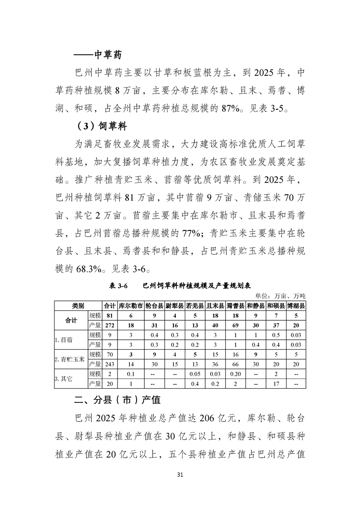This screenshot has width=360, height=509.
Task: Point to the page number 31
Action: pyautogui.click(x=180, y=475)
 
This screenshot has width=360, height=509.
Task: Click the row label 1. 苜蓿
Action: pyautogui.click(x=64, y=339)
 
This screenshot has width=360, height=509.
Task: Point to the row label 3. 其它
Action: pyautogui.click(x=64, y=379)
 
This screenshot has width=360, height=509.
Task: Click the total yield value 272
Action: pyautogui.click(x=109, y=325)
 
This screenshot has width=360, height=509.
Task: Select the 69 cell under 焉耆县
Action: pyautogui.click(x=236, y=325)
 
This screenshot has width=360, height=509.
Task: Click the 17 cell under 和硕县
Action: pyautogui.click(x=276, y=384)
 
